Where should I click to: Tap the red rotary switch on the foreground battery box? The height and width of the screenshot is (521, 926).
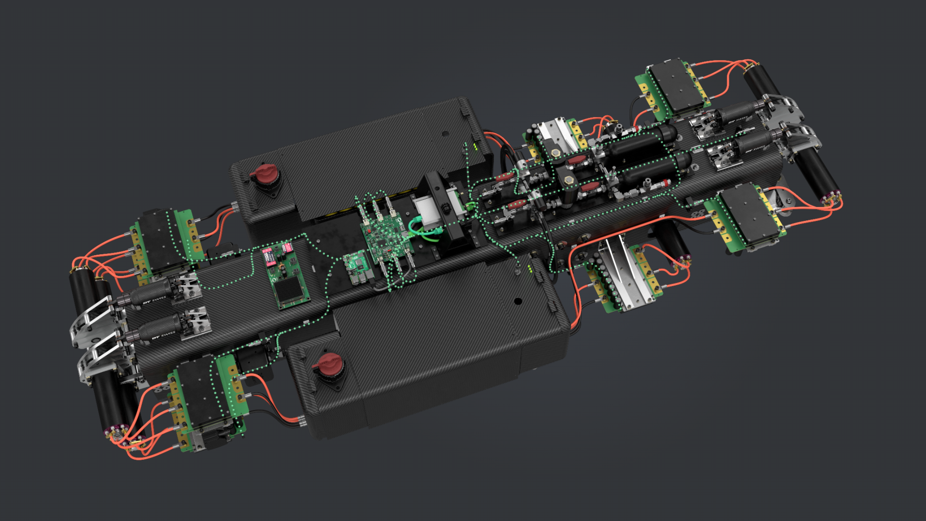click(329, 363)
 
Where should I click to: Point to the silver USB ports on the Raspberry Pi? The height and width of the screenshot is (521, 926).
click(359, 280)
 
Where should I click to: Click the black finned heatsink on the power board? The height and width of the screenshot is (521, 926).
click(288, 288)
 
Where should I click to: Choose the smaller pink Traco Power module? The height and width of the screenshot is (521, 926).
click(287, 247)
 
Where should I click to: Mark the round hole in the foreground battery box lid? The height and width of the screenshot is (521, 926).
click(518, 301)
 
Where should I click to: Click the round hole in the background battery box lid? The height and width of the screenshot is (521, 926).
click(445, 134)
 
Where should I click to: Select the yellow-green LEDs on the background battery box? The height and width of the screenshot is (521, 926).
click(475, 146)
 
